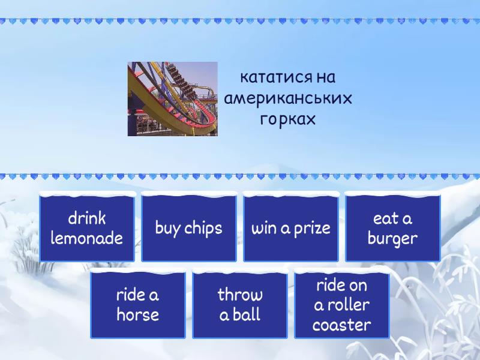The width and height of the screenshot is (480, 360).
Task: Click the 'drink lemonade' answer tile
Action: (x=87, y=228)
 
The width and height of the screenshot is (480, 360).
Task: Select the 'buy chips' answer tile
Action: (x=189, y=228)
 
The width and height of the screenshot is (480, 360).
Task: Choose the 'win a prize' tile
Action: (x=291, y=228)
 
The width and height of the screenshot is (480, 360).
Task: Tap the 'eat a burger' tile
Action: (x=393, y=228)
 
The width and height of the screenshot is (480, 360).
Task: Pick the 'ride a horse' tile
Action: (x=138, y=305)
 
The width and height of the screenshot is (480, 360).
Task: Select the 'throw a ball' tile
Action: (x=240, y=305)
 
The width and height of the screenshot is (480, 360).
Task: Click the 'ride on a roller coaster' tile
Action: (x=342, y=305)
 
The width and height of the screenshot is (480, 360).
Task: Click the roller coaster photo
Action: (x=173, y=99)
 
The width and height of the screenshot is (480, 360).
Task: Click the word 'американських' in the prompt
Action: (x=288, y=98)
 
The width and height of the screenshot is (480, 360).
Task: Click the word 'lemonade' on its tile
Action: (x=87, y=238)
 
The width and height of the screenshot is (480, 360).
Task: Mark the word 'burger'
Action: (x=393, y=239)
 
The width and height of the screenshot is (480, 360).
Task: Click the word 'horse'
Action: (x=138, y=315)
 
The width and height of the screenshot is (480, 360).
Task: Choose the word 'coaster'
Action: (x=342, y=325)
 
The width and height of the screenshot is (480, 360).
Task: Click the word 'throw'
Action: (x=240, y=295)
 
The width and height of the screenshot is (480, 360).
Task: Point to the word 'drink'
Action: (x=87, y=218)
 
